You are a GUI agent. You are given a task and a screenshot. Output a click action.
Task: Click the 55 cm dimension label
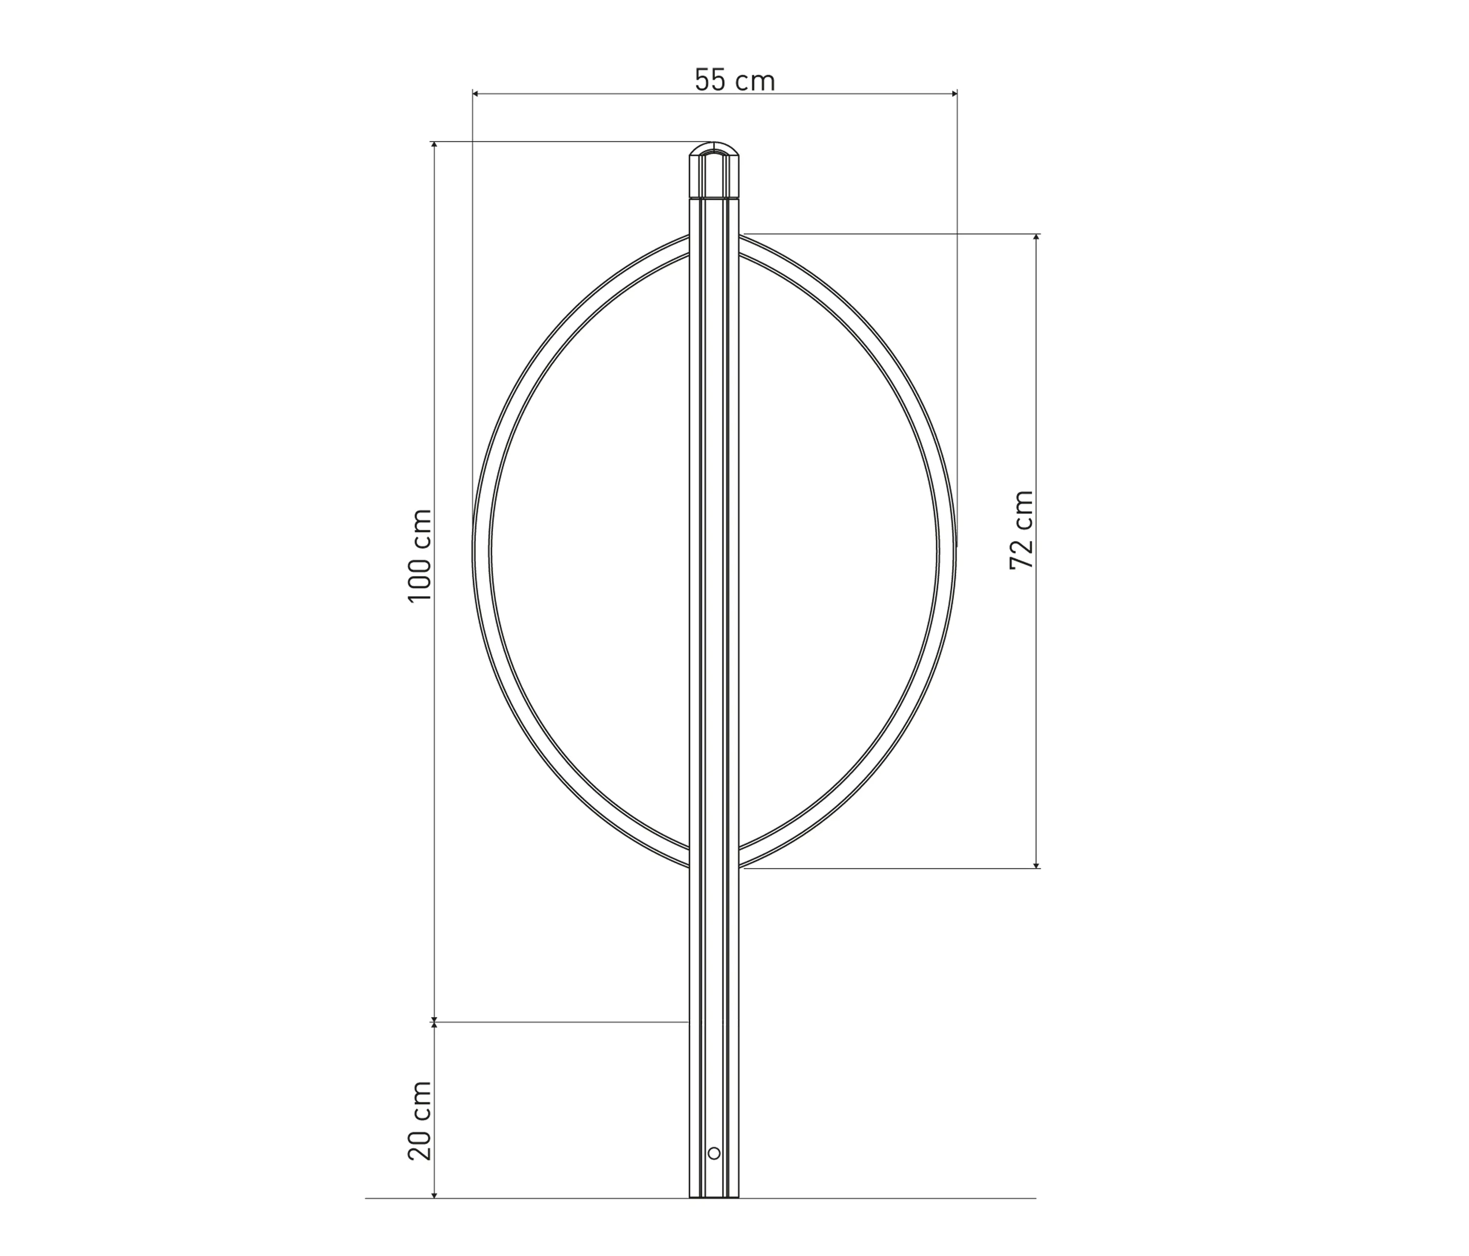734,81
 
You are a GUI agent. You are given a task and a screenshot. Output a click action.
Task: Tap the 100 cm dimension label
421,556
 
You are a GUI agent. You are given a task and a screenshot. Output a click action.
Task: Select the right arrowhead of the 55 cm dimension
953,94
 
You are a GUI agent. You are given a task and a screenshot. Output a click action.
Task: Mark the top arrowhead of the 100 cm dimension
434,145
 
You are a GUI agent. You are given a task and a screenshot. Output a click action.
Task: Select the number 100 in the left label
421,577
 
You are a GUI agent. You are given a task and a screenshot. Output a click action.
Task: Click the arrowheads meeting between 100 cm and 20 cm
434,1022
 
